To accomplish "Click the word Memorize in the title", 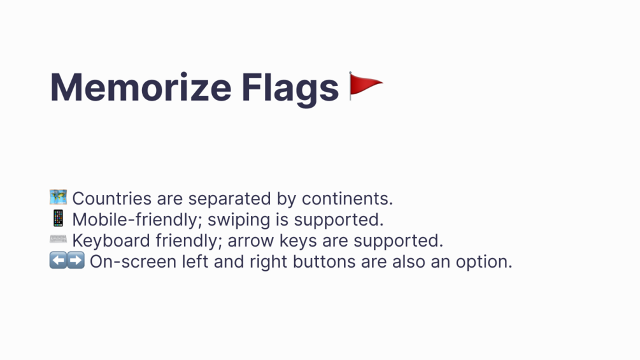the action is tap(141, 87).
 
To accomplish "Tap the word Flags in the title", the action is tap(290, 90).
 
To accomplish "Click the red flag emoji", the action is tap(366, 86).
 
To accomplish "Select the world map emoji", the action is tap(58, 197).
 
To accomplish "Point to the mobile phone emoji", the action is tap(58, 219).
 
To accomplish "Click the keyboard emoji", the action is tap(58, 239).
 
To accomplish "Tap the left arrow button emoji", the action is tap(58, 261).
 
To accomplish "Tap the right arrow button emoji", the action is tap(76, 261).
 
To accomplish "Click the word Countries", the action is tap(112, 199).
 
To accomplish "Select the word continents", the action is tap(347, 199).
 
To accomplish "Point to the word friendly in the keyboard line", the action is tap(188, 241).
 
